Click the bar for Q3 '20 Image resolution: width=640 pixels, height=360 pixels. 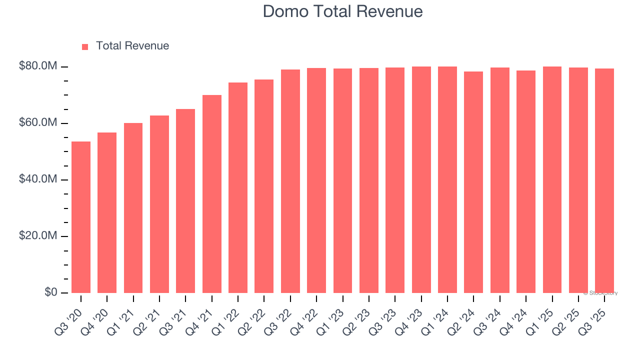81,217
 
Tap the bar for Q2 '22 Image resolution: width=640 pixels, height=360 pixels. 264,186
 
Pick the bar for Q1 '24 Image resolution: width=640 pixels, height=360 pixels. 447,179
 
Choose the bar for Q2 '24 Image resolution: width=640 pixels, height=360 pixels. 473,182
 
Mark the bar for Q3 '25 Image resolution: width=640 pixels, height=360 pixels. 604,180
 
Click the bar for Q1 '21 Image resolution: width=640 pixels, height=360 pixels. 133,208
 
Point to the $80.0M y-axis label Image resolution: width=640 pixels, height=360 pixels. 38,66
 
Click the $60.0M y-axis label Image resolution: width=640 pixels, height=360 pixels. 38,123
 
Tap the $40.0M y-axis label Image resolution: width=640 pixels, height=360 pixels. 38,179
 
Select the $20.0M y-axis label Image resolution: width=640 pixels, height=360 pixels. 38,236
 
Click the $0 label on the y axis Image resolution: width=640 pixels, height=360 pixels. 50,292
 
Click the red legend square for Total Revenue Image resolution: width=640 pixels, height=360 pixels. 85,46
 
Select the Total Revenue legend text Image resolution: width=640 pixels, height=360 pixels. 132,46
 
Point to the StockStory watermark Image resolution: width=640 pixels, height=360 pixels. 601,293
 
